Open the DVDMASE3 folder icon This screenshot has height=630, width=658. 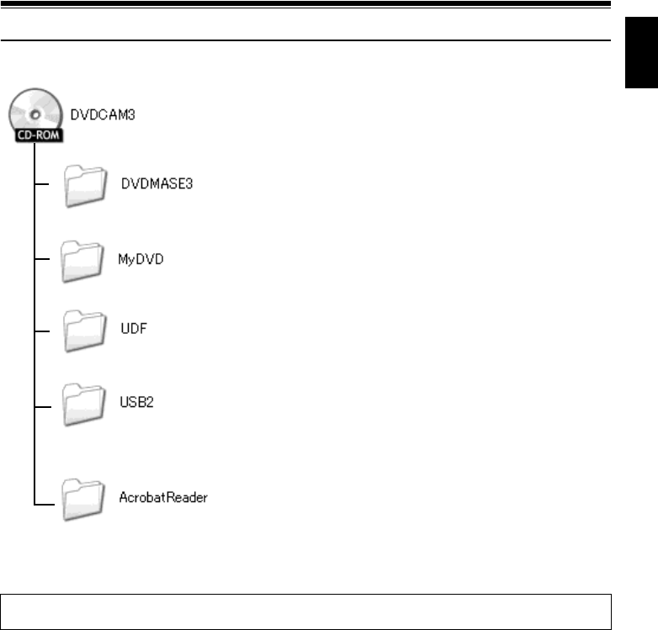tap(86, 185)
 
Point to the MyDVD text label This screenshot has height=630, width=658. tap(140, 259)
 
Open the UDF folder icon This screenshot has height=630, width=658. tap(86, 333)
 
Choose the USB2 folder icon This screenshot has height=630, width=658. tap(86, 406)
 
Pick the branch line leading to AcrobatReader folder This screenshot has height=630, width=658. tap(44, 504)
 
